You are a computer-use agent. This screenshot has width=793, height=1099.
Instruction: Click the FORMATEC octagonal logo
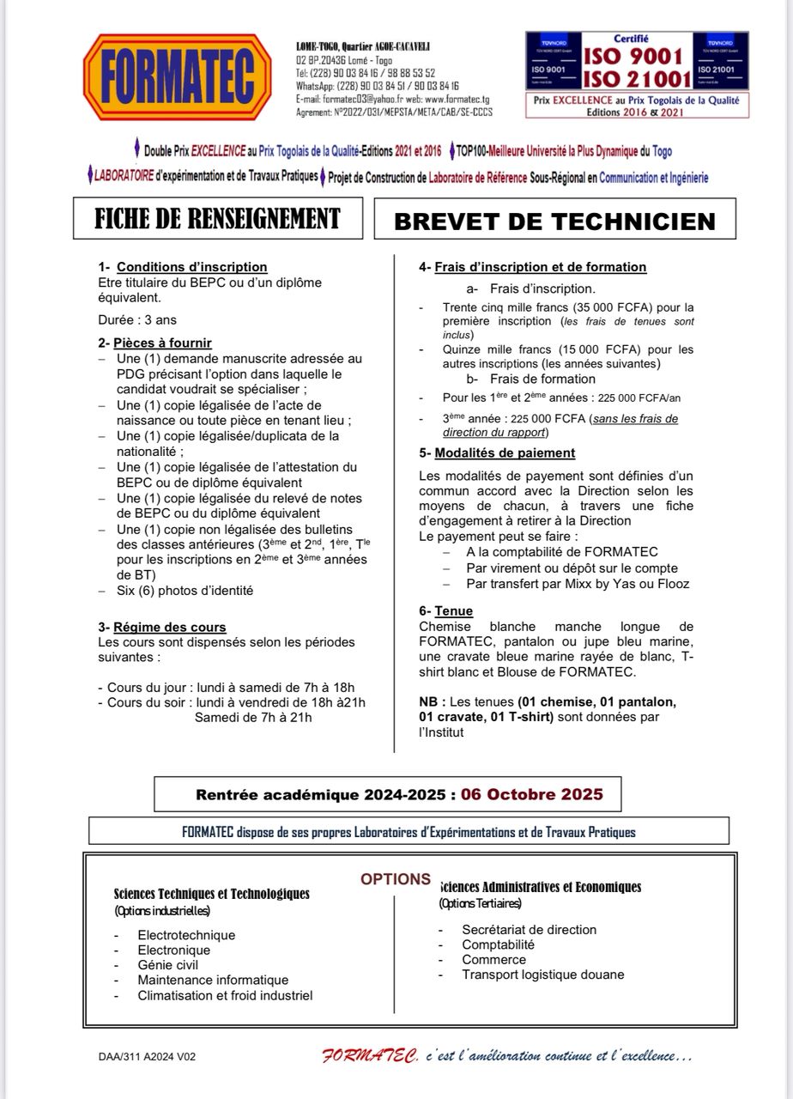point(176,77)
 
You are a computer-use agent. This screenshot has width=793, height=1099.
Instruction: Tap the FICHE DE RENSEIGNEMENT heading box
point(217,218)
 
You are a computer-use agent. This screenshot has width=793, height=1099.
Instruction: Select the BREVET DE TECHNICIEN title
point(554,221)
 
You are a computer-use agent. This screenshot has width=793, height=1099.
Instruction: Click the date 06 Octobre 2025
point(531,794)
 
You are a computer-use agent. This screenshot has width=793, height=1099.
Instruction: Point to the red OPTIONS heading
point(396,879)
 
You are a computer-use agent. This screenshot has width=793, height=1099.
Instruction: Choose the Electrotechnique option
point(186,935)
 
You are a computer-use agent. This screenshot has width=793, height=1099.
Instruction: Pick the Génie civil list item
point(168,965)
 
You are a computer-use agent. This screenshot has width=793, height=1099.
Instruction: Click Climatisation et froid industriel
point(225,996)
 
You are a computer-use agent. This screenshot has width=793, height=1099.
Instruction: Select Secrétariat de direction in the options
point(529,929)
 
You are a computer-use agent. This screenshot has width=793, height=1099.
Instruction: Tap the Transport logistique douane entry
point(542,975)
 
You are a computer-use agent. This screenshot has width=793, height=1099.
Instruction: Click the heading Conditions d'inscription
point(192,267)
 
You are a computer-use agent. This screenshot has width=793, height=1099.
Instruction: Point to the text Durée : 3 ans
point(137,320)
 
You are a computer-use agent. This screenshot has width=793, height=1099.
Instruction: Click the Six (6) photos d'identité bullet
point(185,591)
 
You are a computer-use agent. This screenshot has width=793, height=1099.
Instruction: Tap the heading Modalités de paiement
point(505,453)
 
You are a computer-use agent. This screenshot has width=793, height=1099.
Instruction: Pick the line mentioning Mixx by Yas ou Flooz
point(578,584)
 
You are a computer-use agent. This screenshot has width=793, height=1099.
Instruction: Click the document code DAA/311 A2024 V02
point(147,1057)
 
